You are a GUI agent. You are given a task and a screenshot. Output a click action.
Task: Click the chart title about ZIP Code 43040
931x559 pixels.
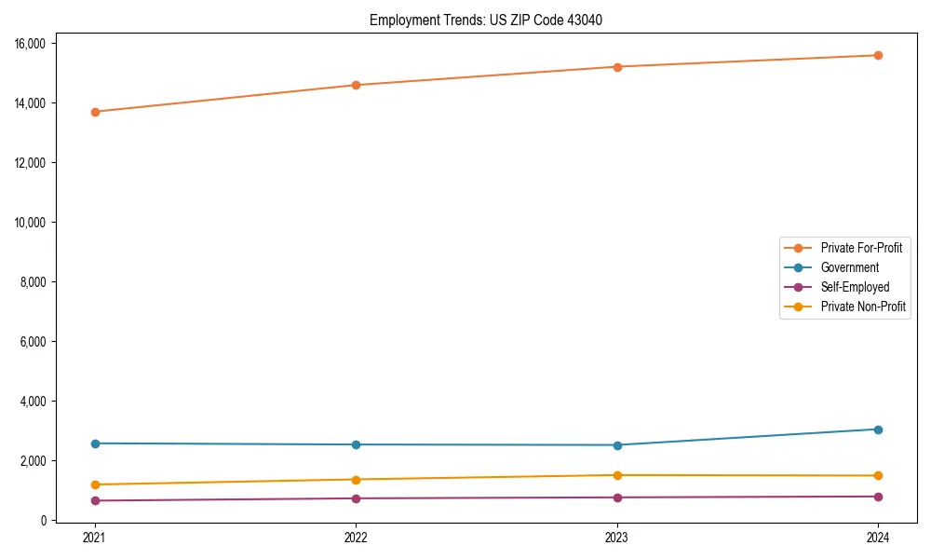coord(492,20)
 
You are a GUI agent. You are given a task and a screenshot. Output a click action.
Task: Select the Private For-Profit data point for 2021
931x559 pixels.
coord(94,112)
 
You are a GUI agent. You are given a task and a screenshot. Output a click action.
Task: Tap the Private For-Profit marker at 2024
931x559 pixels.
coord(878,55)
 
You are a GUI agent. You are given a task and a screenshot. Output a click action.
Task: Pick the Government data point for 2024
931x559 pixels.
coord(878,429)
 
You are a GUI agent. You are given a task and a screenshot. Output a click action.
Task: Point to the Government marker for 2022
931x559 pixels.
coord(356,444)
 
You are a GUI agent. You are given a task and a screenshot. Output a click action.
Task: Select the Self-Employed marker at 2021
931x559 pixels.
coord(94,500)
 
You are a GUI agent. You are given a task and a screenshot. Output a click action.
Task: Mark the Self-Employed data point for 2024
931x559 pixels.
coord(878,497)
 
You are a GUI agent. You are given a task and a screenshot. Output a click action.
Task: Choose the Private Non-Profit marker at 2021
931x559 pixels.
coord(94,484)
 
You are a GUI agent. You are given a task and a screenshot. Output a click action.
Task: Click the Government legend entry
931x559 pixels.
coord(849,267)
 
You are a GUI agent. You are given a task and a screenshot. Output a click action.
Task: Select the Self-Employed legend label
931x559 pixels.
coord(855,287)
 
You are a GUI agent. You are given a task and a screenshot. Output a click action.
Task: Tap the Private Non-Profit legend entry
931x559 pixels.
coord(863,307)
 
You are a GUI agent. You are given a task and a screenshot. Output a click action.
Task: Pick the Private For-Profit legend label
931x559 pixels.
coord(861,248)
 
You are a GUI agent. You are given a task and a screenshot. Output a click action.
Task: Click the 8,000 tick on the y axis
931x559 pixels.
coord(40,282)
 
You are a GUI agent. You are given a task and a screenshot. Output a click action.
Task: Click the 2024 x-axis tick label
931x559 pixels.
coord(878,538)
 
